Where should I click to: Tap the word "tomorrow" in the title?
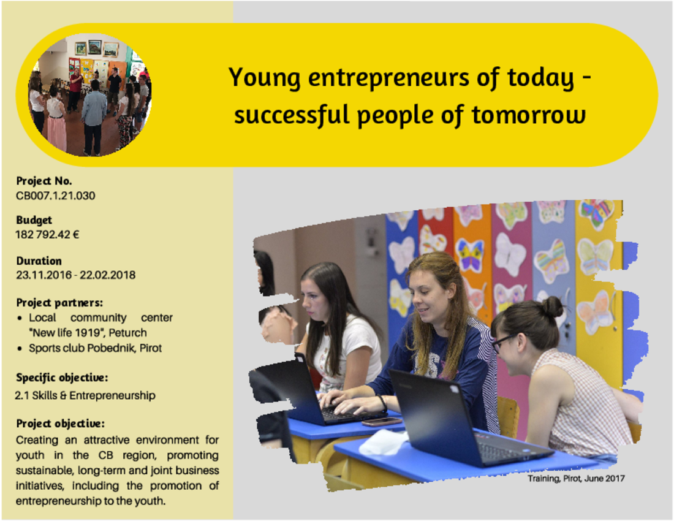click(529, 115)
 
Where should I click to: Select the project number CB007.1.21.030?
click(55, 196)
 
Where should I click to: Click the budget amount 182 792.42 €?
click(47, 235)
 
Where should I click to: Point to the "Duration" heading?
click(39, 261)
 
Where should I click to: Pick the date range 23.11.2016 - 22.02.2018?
click(75, 275)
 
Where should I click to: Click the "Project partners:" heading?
click(59, 303)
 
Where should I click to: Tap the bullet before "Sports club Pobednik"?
click(20, 349)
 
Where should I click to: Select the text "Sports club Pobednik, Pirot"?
click(95, 348)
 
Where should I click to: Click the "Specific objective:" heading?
click(62, 378)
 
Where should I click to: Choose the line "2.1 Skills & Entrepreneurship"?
click(85, 395)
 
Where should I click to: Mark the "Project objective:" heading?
click(60, 424)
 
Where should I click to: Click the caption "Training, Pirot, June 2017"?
click(576, 479)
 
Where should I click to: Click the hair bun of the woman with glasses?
click(552, 306)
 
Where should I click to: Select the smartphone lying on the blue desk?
click(382, 422)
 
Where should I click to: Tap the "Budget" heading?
click(34, 220)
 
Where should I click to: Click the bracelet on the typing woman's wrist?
click(382, 403)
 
